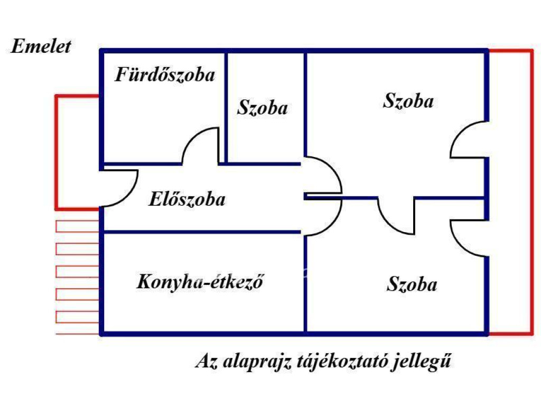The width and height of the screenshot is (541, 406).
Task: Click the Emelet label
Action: tap(41, 47)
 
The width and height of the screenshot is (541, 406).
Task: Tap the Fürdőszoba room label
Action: tap(165, 75)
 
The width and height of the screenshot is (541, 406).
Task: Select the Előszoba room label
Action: tap(187, 199)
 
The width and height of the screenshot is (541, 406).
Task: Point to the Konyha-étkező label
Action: tap(200, 282)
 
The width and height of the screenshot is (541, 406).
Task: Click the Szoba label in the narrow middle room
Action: tap(263, 108)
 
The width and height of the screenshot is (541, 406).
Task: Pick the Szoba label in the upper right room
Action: tap(408, 101)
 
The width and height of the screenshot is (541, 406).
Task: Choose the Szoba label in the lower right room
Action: tap(412, 285)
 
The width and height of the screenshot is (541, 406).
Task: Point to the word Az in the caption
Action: tap(206, 362)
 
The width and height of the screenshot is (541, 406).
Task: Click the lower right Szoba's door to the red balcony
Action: tap(467, 238)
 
